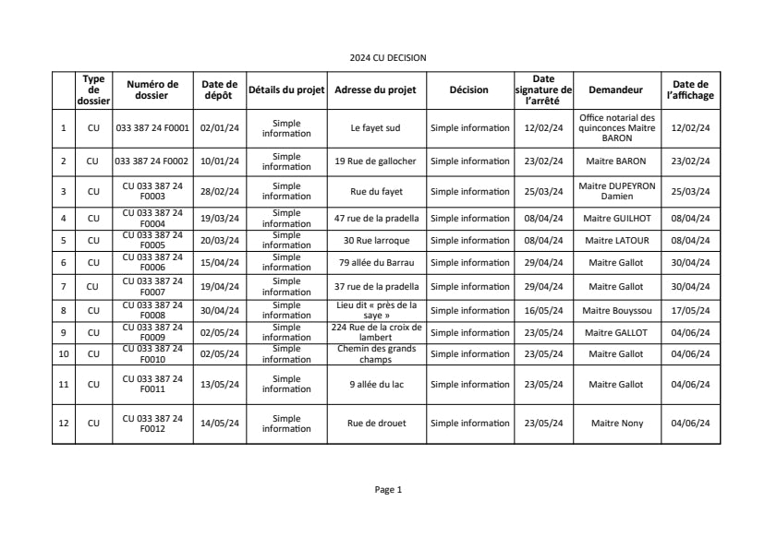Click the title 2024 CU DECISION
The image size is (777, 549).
(388, 57)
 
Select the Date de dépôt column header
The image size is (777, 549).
(219, 90)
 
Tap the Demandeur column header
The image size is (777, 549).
(615, 90)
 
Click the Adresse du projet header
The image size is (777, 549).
(375, 90)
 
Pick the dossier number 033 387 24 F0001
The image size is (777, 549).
(152, 128)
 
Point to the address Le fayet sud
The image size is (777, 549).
(375, 128)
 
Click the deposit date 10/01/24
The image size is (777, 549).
(219, 161)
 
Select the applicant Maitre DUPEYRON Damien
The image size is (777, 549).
(616, 191)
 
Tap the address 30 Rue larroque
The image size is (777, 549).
(375, 240)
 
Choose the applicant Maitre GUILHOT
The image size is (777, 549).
(615, 218)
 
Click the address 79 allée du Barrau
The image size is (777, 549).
(375, 262)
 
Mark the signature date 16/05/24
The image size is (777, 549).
(543, 310)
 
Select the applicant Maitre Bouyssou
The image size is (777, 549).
(615, 310)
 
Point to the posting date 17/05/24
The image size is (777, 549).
(690, 310)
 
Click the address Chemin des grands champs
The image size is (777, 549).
(375, 354)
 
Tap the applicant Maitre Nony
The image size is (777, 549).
(615, 424)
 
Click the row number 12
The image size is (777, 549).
(63, 424)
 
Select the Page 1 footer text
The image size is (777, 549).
(388, 490)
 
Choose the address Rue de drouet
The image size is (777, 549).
(375, 424)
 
